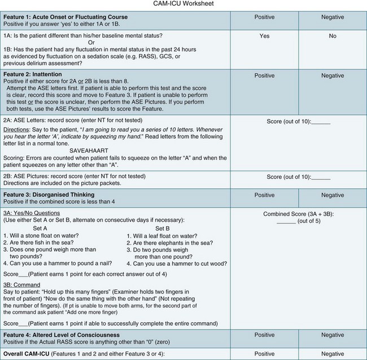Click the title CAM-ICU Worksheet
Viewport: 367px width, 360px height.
pyautogui.click(x=183, y=5)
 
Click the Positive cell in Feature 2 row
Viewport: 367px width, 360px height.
pyautogui.click(x=264, y=75)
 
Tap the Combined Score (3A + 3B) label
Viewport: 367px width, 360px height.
pyautogui.click(x=298, y=215)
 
